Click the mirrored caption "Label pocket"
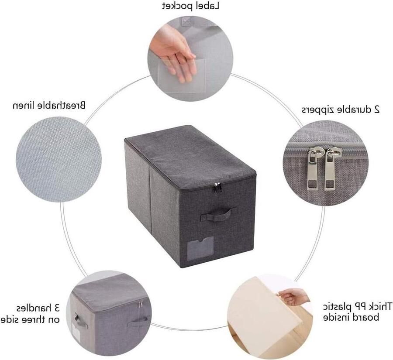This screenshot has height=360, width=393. point(191,6)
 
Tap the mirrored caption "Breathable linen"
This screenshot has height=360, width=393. point(49,105)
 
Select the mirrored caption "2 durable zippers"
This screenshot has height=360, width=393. point(340,110)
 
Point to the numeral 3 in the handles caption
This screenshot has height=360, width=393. point(57,308)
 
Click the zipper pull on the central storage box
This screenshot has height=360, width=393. point(217,187)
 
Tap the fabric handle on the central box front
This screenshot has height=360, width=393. point(218,214)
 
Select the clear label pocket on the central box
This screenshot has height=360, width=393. point(200,249)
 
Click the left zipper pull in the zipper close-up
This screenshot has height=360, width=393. point(314,168)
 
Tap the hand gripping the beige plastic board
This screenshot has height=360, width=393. point(293,296)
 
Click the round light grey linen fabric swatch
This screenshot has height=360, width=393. point(59,159)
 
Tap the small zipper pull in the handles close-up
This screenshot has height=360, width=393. point(139,304)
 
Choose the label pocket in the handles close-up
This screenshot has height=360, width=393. point(76,332)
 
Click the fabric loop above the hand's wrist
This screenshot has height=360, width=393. point(186,21)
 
